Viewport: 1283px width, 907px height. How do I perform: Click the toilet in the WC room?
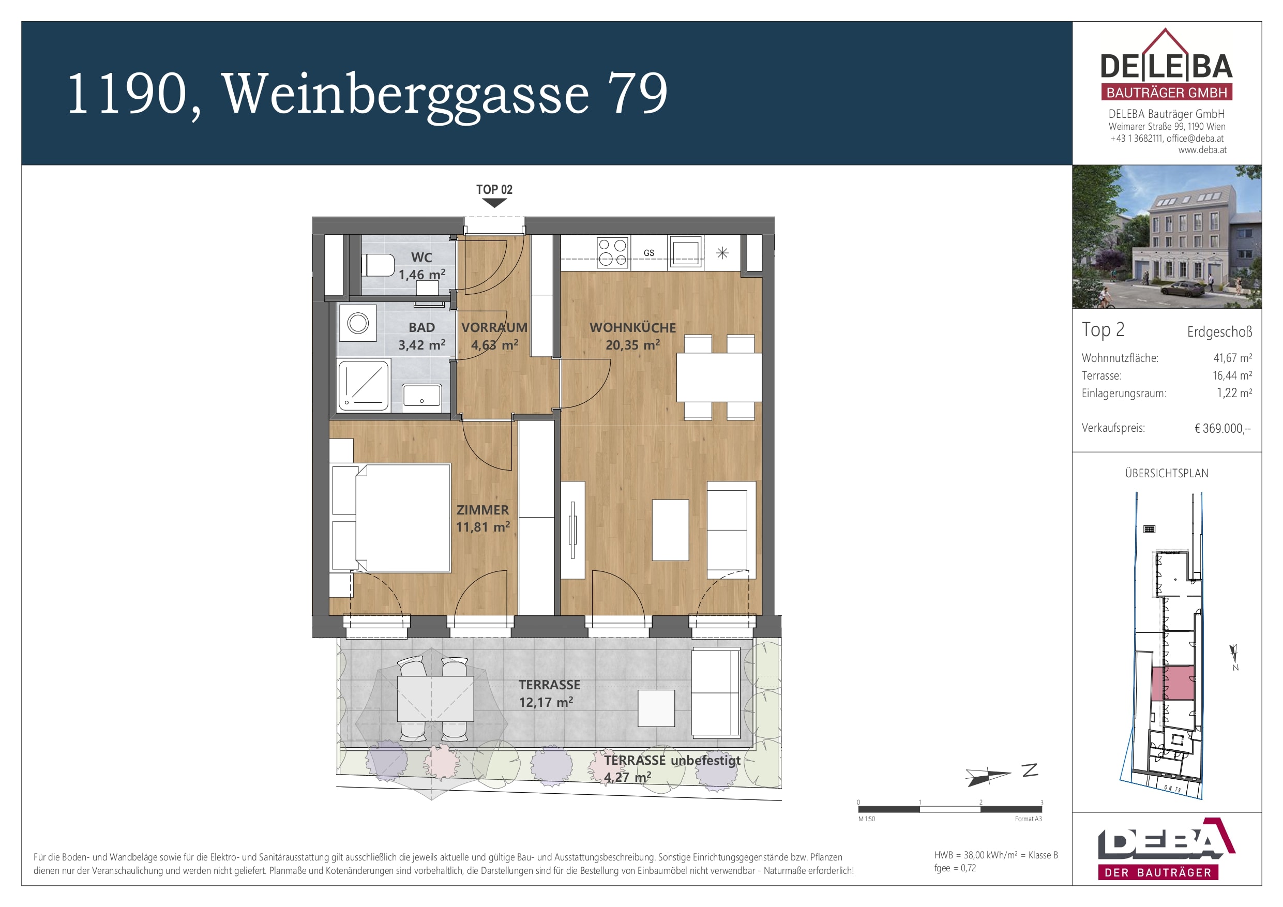378,265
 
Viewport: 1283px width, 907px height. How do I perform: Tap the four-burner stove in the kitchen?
612,252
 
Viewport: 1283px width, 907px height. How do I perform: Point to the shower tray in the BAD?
364,386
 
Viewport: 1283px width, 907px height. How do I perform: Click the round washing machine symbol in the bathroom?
358,323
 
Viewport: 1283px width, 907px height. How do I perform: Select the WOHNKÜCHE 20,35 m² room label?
632,336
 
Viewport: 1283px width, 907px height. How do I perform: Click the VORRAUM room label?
494,327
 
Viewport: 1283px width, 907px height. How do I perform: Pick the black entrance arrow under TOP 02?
494,203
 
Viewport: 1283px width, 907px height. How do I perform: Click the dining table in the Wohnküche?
719,377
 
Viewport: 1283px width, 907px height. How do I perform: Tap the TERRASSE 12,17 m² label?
549,693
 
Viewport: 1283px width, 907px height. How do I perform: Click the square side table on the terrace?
656,708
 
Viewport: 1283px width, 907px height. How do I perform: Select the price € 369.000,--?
1222,429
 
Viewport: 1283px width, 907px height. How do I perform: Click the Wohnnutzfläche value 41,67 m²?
1232,358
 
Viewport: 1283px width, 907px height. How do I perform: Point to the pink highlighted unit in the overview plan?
1172,683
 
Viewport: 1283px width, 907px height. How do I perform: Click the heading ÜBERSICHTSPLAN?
1166,473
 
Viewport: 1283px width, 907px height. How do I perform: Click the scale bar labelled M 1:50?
950,809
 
